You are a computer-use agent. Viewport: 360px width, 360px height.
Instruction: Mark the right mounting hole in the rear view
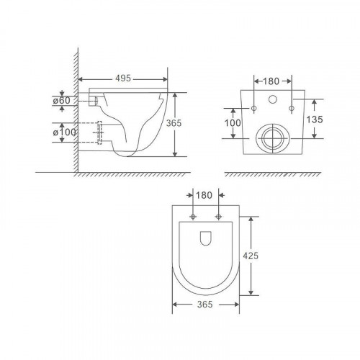pos(291,109)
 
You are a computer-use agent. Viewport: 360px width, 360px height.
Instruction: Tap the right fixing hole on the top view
pos(217,215)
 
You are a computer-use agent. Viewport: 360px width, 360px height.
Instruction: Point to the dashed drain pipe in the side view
pos(101,134)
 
